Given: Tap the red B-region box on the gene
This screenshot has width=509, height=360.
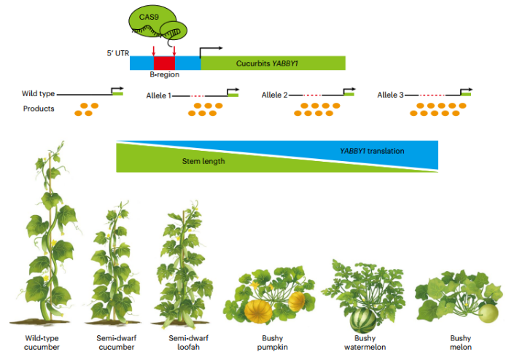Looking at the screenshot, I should tap(164, 63).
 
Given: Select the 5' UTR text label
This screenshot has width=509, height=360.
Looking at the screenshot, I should tap(117, 52).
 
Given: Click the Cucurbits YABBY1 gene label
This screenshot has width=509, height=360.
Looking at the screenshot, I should tap(269, 63).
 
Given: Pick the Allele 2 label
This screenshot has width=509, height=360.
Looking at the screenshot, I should tap(274, 95).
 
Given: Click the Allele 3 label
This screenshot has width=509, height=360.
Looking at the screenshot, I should tap(391, 95).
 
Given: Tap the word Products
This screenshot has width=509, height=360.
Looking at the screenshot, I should tap(39, 109).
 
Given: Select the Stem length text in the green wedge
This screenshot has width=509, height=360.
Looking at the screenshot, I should tap(203, 161).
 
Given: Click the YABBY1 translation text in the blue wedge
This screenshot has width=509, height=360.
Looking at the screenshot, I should tap(372, 151).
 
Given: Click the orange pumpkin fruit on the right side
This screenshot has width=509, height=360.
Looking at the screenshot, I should tap(296, 300).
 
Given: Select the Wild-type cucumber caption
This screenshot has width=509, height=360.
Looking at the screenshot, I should tap(42, 343).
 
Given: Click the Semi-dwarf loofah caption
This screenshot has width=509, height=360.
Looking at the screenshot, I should tap(184, 343).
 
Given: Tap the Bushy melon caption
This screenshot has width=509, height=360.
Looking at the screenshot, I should tap(461, 343).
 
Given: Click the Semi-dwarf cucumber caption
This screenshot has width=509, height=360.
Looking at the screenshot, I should tap(114, 343).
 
